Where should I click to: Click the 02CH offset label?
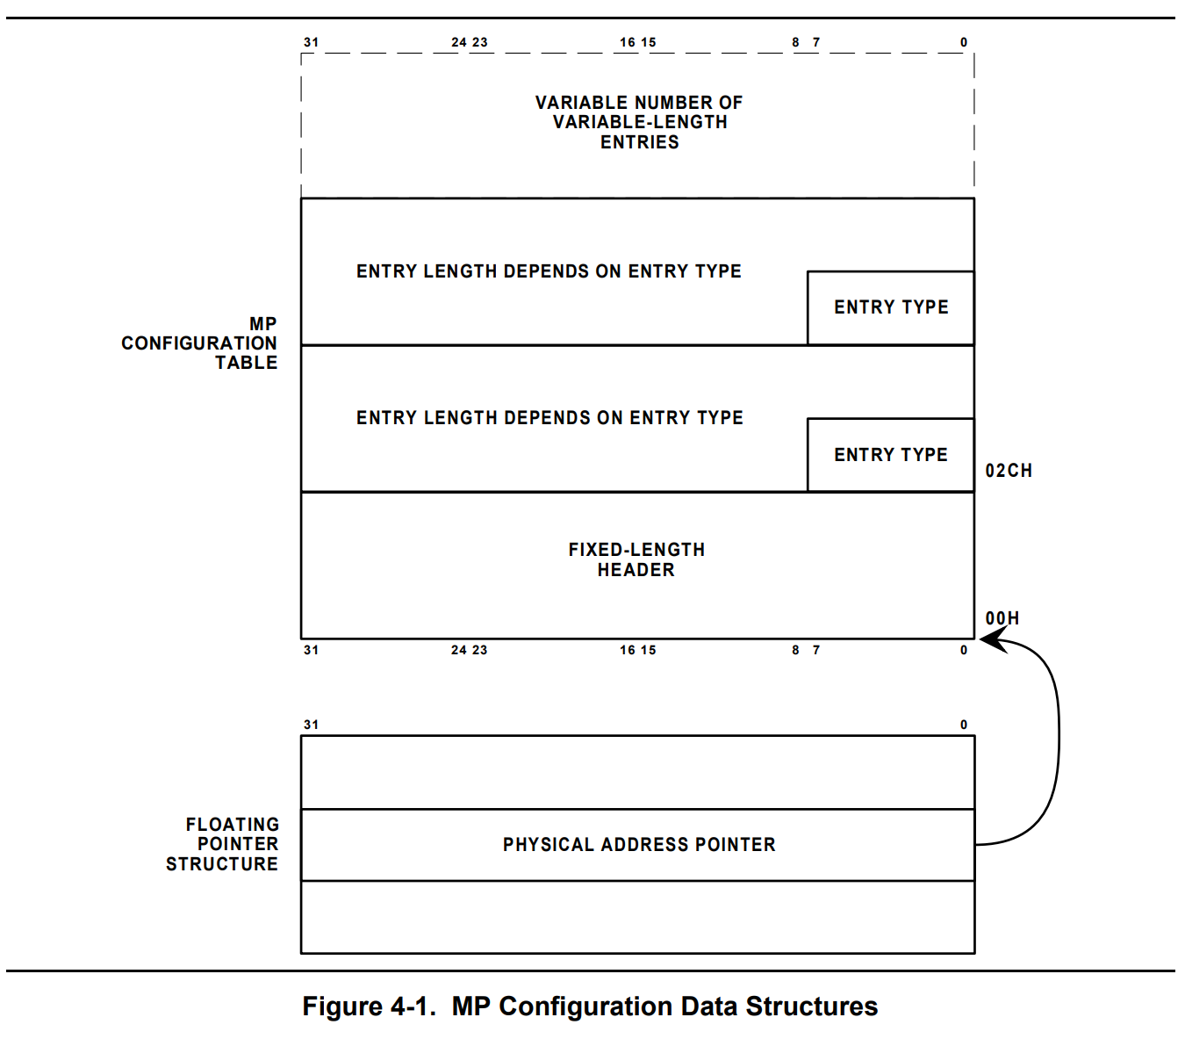pos(1008,471)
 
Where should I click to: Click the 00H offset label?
pos(1002,618)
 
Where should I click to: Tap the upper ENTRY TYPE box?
pos(890,307)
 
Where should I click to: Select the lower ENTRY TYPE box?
pos(890,455)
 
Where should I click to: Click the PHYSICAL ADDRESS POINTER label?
pos(639,845)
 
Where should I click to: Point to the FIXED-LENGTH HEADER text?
pos(636,559)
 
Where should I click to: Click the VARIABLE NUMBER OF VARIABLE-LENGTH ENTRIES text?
pos(639,122)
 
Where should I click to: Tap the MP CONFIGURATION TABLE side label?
pos(200,343)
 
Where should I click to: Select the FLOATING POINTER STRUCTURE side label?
pos(223,844)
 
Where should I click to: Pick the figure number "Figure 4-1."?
pos(369,1007)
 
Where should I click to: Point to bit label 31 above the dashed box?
pos(311,42)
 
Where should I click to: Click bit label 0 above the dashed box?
pos(963,42)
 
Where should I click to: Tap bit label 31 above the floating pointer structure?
pos(311,725)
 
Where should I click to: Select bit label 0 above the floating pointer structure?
pos(963,725)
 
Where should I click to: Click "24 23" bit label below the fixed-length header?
pos(469,650)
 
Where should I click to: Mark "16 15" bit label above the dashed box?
pos(637,42)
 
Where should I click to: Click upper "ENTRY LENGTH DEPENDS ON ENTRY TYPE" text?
pos(549,271)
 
